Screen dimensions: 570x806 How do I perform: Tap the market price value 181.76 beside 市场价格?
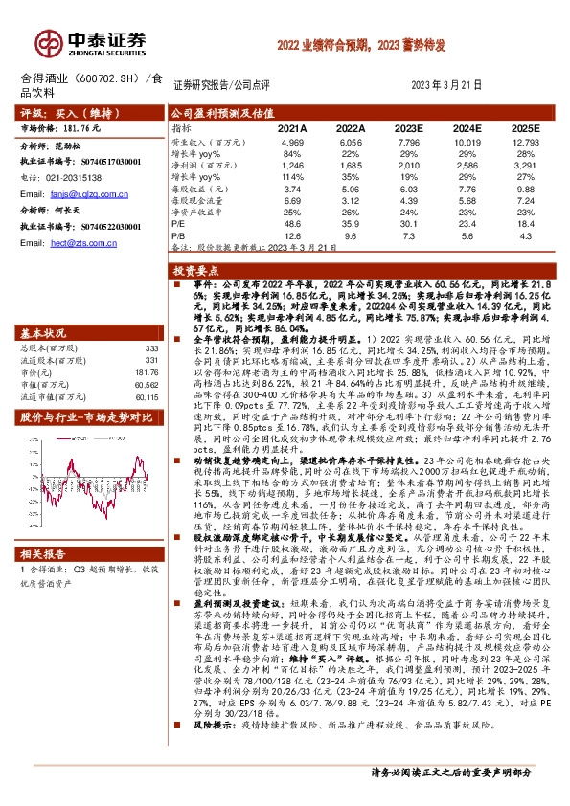82,126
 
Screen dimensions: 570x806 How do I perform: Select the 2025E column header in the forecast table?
525,127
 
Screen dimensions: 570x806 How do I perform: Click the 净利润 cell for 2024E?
467,165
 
